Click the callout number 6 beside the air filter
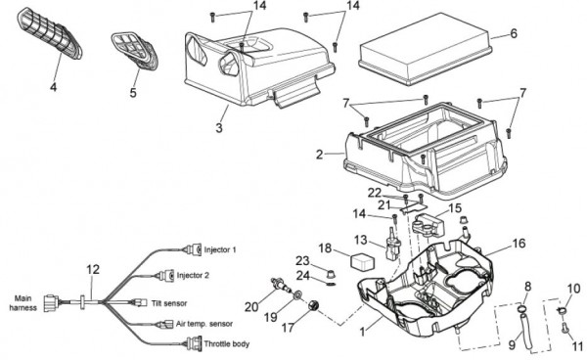tap(514, 33)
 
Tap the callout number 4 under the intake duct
tap(54, 88)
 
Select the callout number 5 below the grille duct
tap(133, 92)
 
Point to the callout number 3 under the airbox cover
tap(219, 127)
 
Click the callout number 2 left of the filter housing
tap(319, 155)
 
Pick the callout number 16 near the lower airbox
tap(519, 244)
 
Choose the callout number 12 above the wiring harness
tap(93, 269)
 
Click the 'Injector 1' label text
tap(220, 250)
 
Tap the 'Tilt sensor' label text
tap(169, 303)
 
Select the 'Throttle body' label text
tap(227, 344)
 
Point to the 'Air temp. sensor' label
tap(204, 324)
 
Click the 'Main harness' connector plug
tap(51, 303)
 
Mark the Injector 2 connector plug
tap(166, 276)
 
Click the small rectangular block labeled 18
tap(360, 261)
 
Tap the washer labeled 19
tap(298, 295)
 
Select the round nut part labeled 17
tap(313, 305)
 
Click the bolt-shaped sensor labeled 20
tap(281, 286)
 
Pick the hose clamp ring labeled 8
tap(521, 309)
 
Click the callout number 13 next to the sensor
tap(361, 241)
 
